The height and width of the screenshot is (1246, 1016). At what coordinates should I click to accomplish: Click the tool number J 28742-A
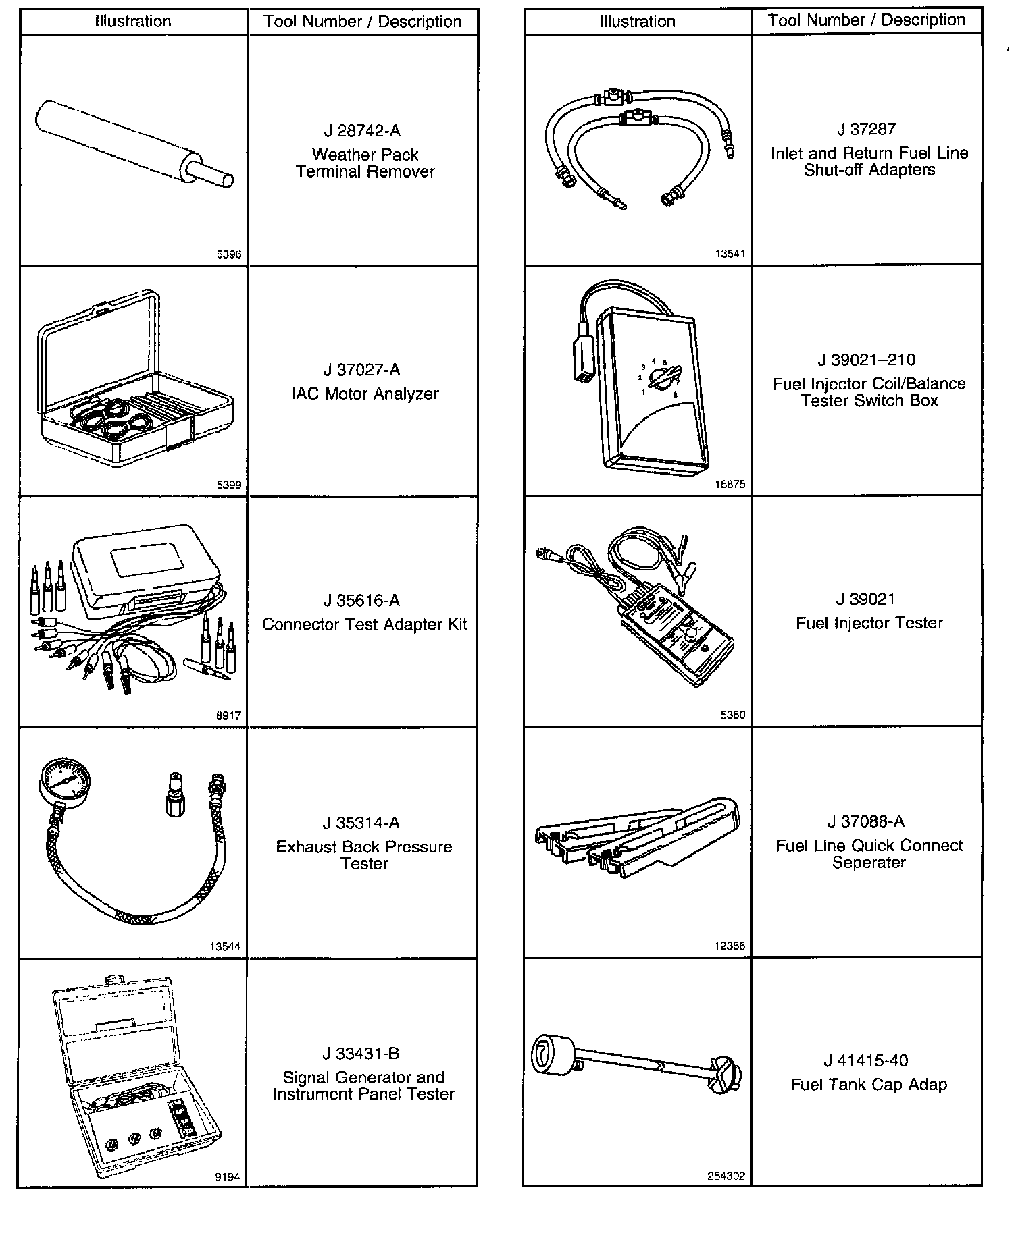click(362, 131)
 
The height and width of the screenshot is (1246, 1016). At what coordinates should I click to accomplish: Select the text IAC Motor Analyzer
click(365, 394)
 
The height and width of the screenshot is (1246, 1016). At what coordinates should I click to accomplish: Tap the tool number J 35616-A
click(362, 601)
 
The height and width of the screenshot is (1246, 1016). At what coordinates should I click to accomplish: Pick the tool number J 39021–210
click(867, 360)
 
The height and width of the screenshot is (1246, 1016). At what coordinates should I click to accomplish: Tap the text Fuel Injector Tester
click(869, 623)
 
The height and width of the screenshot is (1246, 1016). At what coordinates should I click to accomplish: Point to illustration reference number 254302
click(726, 1176)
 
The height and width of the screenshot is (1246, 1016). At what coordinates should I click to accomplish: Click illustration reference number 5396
click(229, 255)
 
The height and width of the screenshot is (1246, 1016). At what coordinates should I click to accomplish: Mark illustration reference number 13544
click(225, 946)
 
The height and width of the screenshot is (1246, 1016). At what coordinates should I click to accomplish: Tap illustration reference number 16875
click(730, 484)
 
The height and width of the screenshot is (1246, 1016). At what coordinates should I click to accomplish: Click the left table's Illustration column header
click(133, 22)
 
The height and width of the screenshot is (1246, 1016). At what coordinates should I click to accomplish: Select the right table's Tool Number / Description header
click(867, 20)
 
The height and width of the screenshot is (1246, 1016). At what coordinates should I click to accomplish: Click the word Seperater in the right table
click(869, 863)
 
